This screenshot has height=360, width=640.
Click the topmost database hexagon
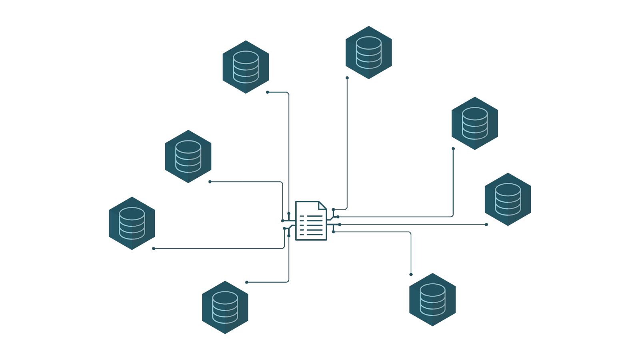pos(368,52)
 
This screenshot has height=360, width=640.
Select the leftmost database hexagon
pos(132,223)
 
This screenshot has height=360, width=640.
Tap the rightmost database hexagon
pos(508,199)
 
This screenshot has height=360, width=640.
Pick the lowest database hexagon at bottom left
pos(225,307)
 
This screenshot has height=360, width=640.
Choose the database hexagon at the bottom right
pos(432,300)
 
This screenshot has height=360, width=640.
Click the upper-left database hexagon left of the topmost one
pos(246,67)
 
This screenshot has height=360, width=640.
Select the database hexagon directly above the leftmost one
pos(188,156)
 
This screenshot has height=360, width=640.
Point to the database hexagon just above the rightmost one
pos(475,123)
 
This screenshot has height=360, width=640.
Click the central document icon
pos(311,221)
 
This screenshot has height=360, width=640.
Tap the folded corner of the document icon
pos(322,206)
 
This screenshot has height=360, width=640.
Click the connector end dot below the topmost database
pos(347,78)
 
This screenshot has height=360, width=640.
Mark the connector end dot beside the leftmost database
pos(154,248)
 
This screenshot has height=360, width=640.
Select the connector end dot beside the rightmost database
pos(486,224)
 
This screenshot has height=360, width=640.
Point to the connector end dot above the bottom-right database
pos(411,274)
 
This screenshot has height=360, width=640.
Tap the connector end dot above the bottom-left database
pos(247,282)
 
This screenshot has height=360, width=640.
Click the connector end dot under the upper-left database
pos(268,92)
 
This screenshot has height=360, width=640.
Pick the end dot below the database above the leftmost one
pos(210,182)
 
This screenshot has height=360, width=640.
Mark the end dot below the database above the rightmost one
pos(453,148)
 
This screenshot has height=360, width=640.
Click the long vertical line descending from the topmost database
pos(347,144)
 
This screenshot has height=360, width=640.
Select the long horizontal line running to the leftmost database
pos(220,248)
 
